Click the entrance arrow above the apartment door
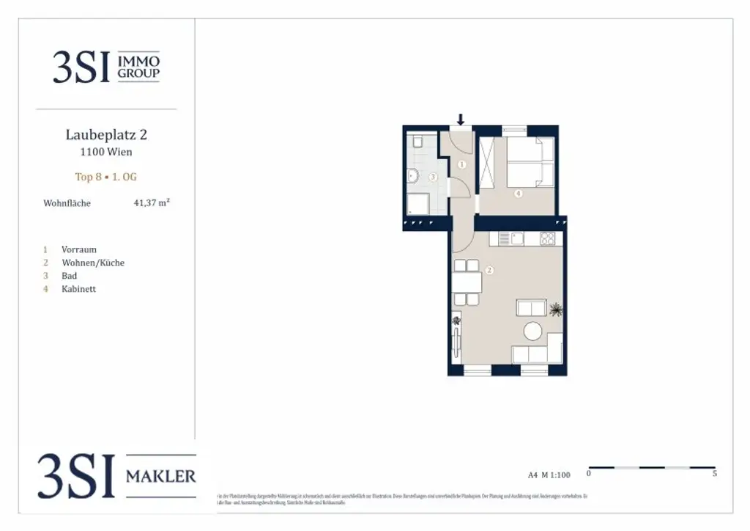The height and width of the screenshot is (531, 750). [461, 120]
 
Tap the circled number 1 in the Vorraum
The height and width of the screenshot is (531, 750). [461, 165]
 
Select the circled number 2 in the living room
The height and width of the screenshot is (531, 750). [489, 270]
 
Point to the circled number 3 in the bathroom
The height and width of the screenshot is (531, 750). [433, 177]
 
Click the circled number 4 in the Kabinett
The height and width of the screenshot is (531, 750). [518, 194]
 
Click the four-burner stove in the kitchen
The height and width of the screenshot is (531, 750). [547, 238]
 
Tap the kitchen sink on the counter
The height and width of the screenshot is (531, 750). [517, 238]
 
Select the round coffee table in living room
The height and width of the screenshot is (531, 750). [532, 332]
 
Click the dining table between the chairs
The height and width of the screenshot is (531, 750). [467, 282]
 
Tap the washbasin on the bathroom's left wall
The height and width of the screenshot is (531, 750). [411, 175]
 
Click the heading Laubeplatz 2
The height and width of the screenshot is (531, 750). [106, 135]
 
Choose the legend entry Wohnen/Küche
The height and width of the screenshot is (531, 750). [93, 263]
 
